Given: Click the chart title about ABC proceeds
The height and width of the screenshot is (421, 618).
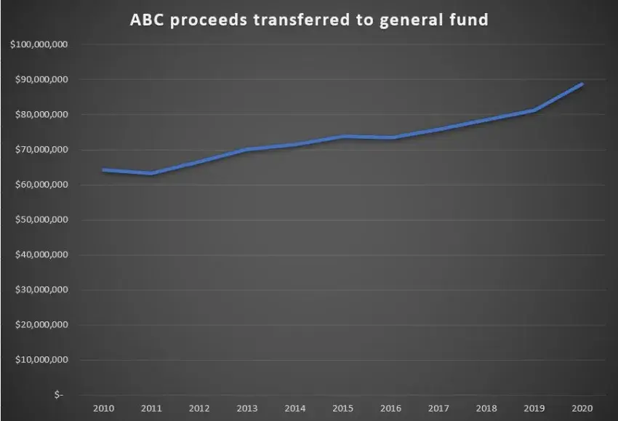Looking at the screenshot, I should click(309, 20).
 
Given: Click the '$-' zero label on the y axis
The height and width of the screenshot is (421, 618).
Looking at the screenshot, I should click(58, 395).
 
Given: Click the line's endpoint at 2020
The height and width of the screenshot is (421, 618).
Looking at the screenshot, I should click(582, 84).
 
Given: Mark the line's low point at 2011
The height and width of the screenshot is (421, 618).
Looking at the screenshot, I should click(151, 173).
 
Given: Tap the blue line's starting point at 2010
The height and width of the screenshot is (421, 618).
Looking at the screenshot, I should click(103, 170).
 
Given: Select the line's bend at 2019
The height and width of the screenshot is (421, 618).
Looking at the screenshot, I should click(534, 111).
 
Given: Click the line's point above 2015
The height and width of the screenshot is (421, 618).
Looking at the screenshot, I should click(343, 137).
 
